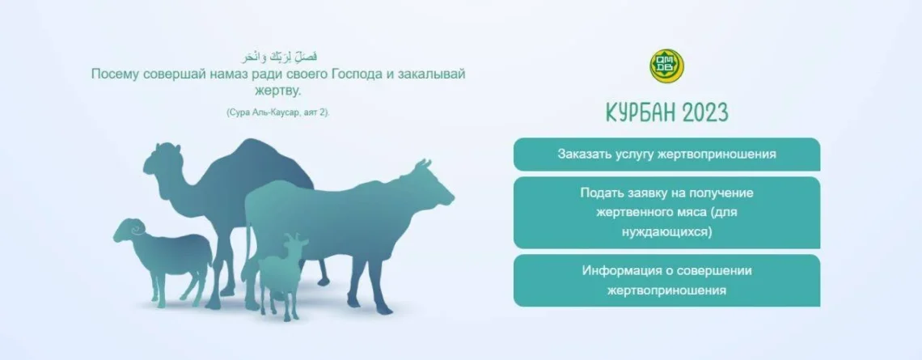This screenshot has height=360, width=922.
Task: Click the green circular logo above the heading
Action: click(x=666, y=66)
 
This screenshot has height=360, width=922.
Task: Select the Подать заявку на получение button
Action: click(x=666, y=212)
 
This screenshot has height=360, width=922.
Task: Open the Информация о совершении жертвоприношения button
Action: click(x=666, y=281)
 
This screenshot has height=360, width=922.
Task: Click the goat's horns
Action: click(x=295, y=237)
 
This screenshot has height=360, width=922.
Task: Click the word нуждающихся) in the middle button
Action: click(x=666, y=232)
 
